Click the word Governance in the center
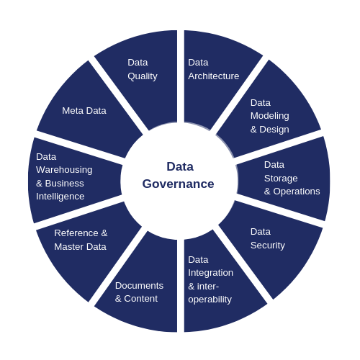point(178,184)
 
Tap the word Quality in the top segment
point(143,76)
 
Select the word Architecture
point(214,76)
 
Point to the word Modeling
point(270,116)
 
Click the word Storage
point(281,179)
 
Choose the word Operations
point(297,192)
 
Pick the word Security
point(268,246)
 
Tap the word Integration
point(210,273)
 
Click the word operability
point(210,300)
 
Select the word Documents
point(139,286)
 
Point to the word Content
point(141,299)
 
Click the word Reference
point(76,233)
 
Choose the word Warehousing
point(64,170)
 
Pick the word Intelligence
point(60,197)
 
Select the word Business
point(64,184)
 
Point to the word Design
point(274,130)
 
